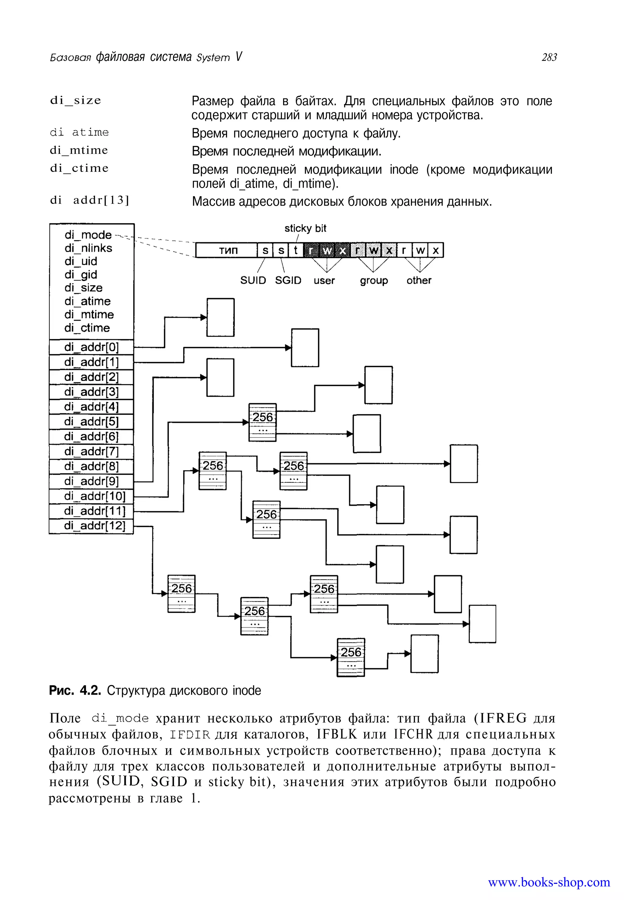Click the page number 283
(549, 58)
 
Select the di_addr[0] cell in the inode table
(91, 347)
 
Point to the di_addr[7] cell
(91, 452)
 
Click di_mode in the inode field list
(88, 235)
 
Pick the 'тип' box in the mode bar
(227, 250)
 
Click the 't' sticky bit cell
(296, 250)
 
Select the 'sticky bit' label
(305, 228)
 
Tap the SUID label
(253, 280)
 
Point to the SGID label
(288, 280)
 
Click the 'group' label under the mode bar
(374, 281)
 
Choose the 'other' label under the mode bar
(419, 280)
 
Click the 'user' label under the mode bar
(324, 281)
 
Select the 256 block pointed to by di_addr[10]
(263, 422)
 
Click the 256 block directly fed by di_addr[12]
(181, 594)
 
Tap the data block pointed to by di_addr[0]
(221, 317)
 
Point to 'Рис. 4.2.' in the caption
(75, 690)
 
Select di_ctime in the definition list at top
(79, 168)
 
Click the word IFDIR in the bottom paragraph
(190, 735)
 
